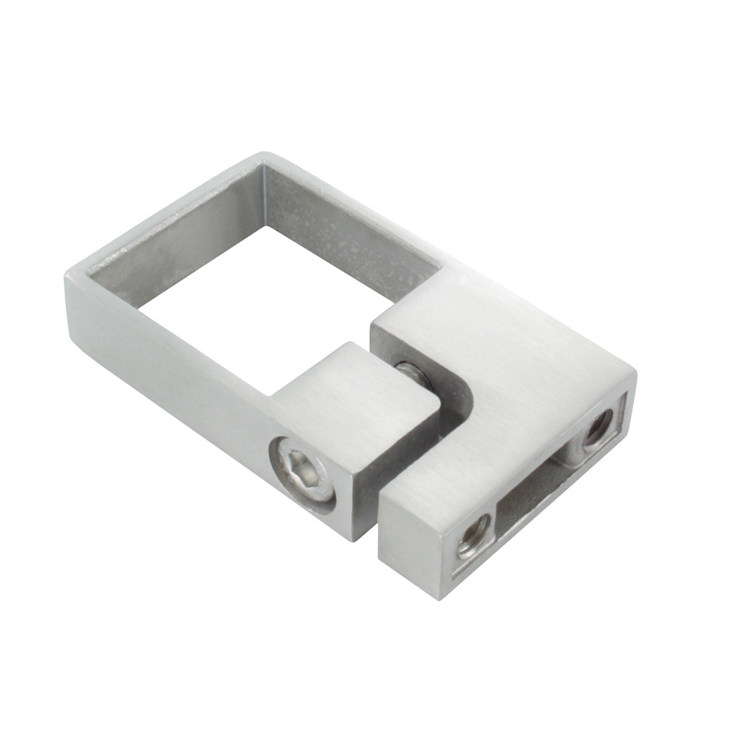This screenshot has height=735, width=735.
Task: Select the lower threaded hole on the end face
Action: [x=474, y=535]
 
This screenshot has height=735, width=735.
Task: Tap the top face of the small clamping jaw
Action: [x=354, y=389]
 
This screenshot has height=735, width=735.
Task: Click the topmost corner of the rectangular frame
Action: [x=264, y=153]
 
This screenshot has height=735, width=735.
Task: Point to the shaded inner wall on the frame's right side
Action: [x=350, y=226]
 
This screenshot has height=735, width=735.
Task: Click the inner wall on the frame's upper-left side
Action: [x=171, y=241]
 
